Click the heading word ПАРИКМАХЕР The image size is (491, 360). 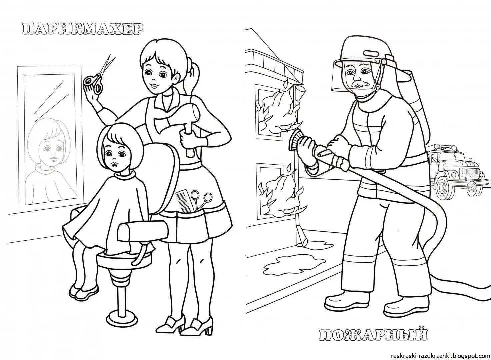pos(81,29)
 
